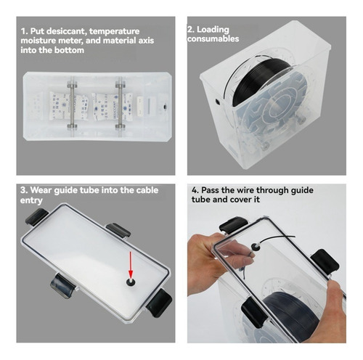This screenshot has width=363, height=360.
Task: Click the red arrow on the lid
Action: click(x=131, y=264)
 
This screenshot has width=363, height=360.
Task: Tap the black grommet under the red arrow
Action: click(x=131, y=282)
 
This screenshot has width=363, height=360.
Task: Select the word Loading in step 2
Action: click(x=213, y=30)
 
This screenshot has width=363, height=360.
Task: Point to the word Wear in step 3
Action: click(x=41, y=190)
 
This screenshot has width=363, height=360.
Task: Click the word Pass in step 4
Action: click(x=211, y=190)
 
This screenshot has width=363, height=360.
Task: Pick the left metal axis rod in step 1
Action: click(x=72, y=107)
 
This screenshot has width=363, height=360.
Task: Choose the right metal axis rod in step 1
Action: click(x=121, y=107)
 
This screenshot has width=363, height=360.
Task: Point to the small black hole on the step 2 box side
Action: click(x=217, y=102)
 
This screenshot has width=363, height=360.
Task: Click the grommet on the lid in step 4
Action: click(x=255, y=247)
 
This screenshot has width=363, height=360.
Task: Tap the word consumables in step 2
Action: click(x=213, y=38)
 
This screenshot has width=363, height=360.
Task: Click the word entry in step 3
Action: click(x=31, y=200)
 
